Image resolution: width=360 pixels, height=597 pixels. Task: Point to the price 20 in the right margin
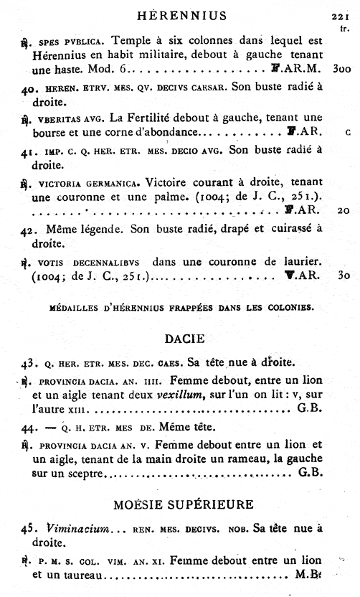pyautogui.click(x=342, y=211)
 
